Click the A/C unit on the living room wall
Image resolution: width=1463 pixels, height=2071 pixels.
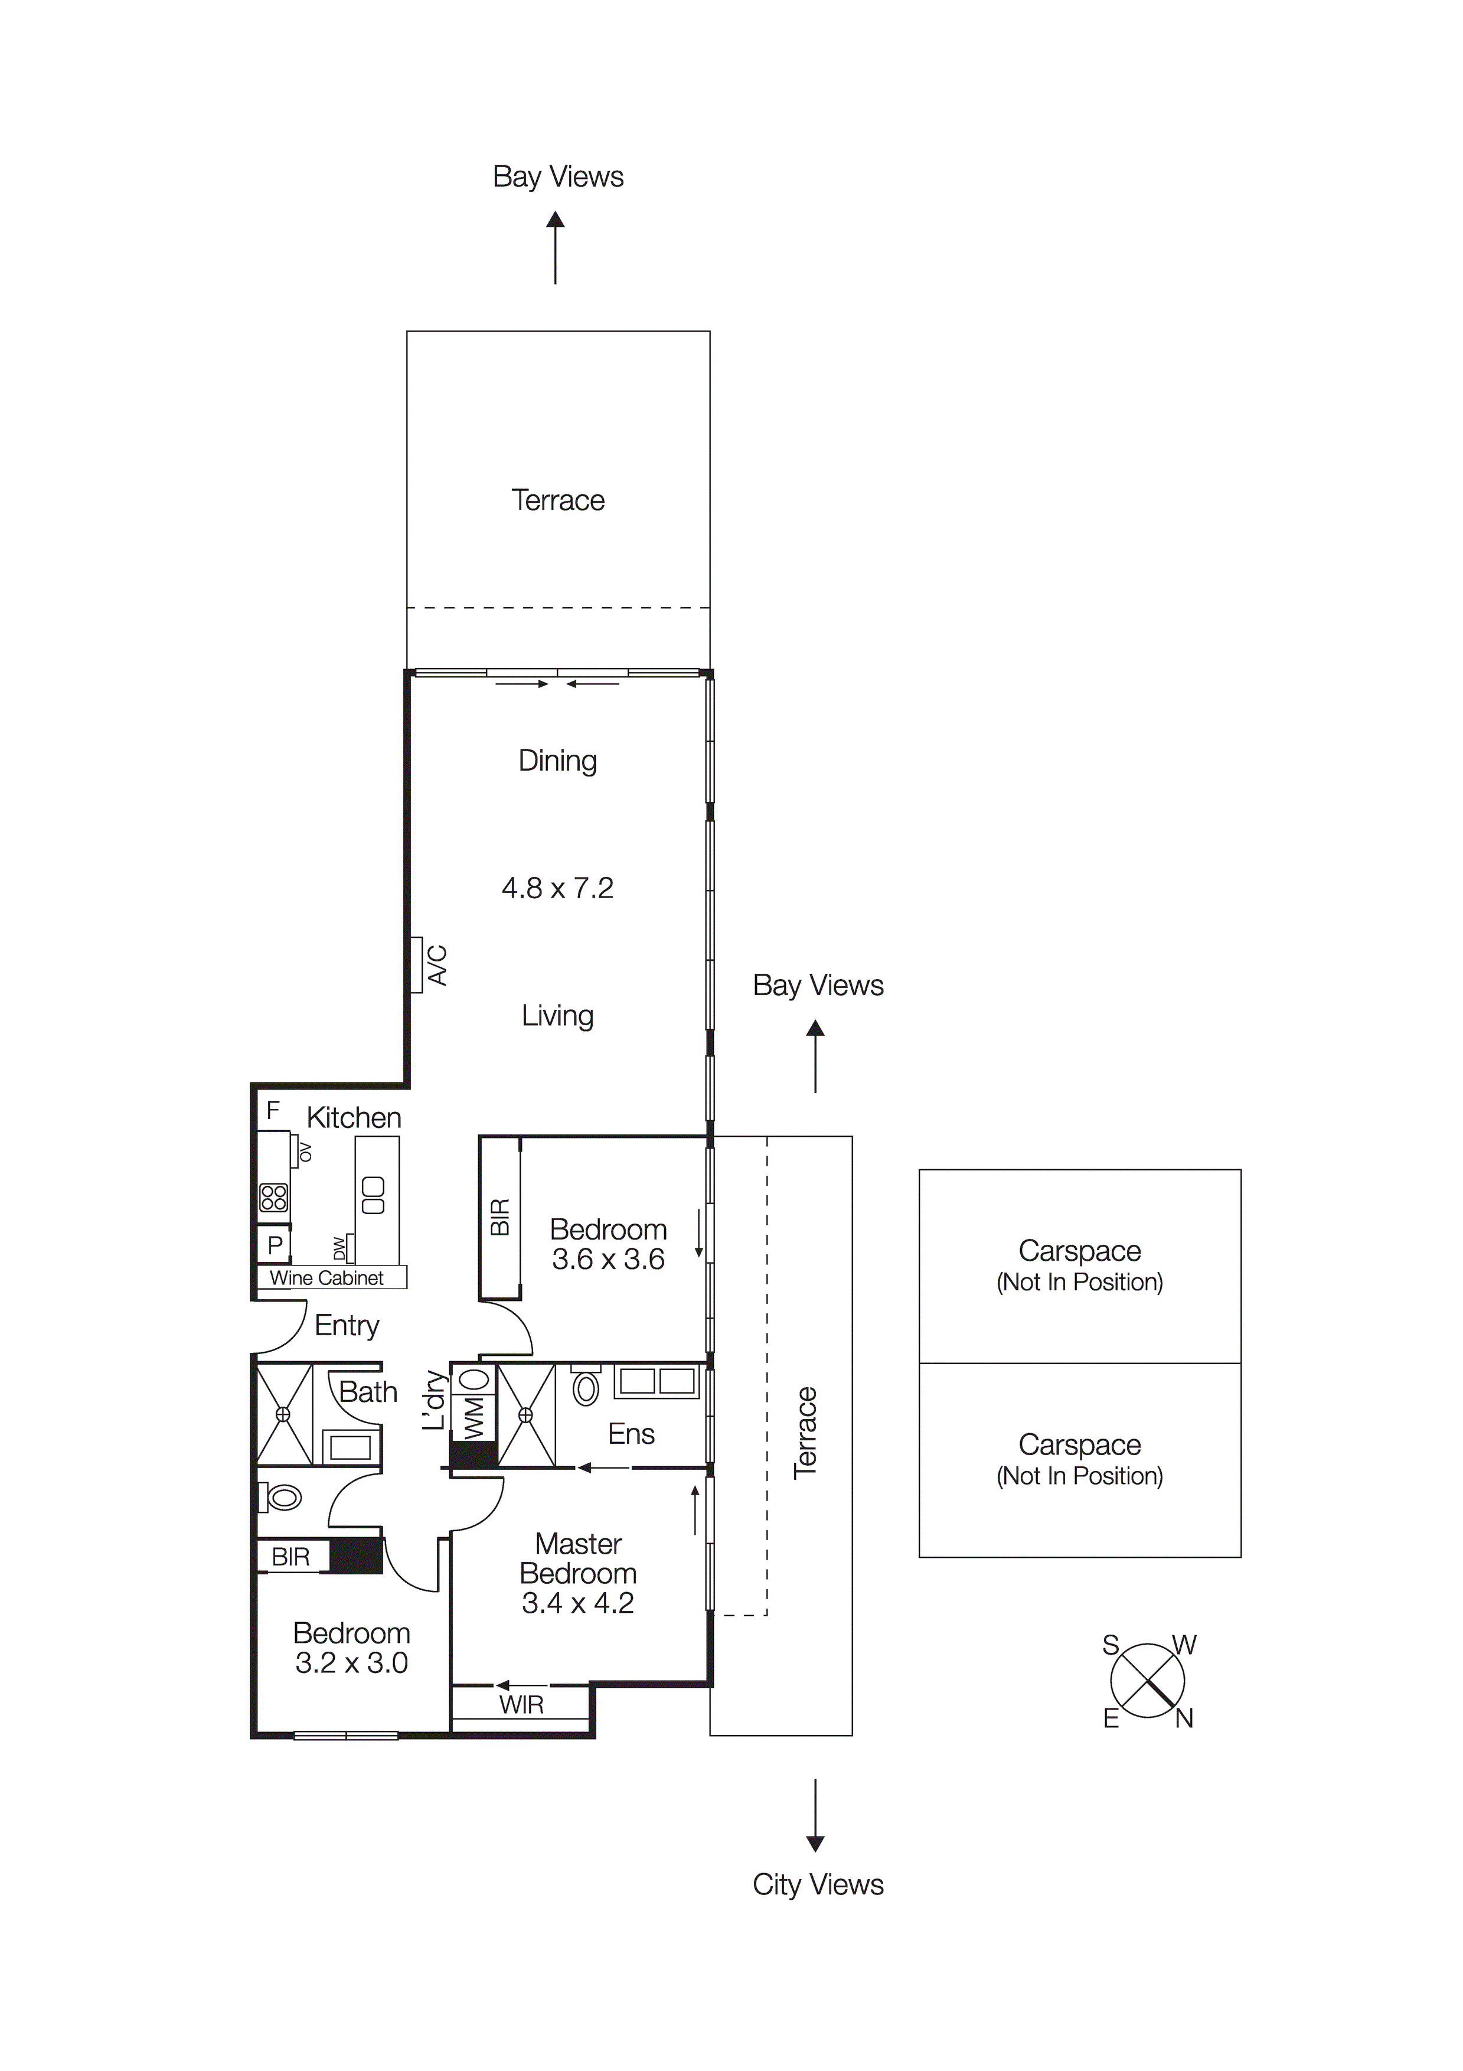click(417, 965)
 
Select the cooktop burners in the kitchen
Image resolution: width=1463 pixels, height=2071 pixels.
click(273, 1198)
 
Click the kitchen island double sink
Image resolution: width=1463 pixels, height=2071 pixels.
click(373, 1195)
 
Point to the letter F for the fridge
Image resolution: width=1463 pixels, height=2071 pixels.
click(272, 1110)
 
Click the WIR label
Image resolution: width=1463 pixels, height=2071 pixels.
click(521, 1705)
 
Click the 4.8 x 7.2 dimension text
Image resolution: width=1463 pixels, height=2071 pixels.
click(557, 889)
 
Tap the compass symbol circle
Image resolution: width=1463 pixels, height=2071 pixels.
click(1147, 1681)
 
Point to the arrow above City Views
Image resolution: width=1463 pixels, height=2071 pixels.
click(815, 1814)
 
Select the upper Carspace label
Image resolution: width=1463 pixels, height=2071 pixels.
click(1080, 1251)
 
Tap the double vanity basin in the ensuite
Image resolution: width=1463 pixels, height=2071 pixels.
click(658, 1382)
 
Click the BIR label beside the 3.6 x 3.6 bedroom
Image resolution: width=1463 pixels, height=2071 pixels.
click(499, 1217)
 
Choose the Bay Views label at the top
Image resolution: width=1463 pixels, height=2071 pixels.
click(557, 177)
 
